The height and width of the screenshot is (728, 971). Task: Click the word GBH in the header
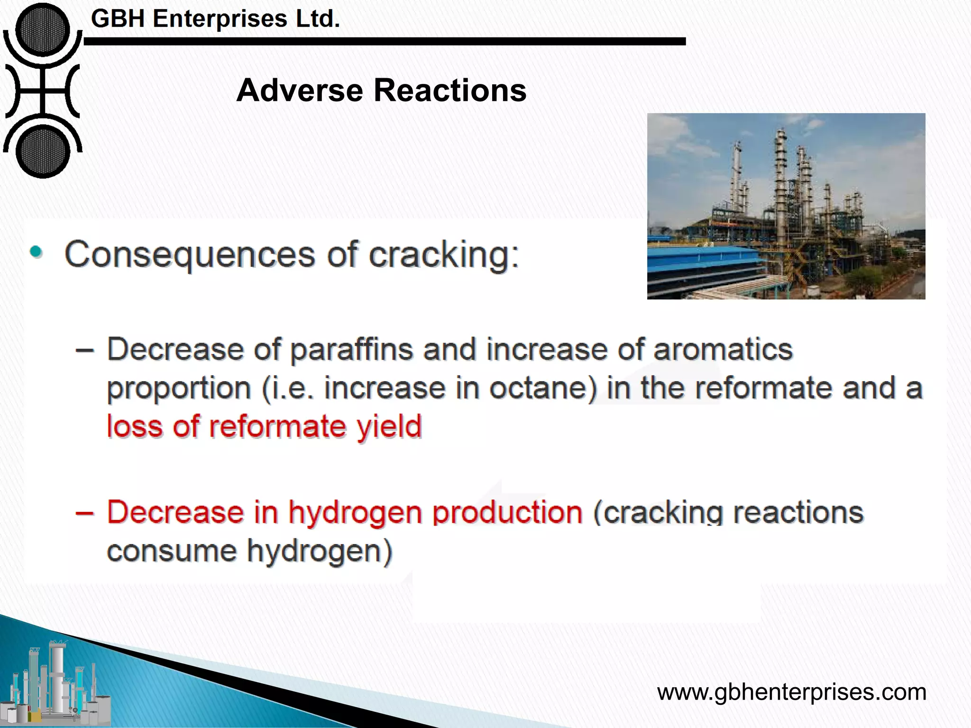(119, 19)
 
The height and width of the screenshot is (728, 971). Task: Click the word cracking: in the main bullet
(444, 255)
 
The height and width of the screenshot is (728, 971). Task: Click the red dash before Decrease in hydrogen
(84, 513)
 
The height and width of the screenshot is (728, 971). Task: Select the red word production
(507, 513)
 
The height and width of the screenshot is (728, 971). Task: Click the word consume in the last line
(171, 551)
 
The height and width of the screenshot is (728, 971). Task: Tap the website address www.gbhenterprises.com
(791, 692)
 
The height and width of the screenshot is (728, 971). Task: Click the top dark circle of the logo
(42, 29)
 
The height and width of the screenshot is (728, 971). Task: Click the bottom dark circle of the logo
(42, 152)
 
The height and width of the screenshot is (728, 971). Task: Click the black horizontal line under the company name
(384, 42)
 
